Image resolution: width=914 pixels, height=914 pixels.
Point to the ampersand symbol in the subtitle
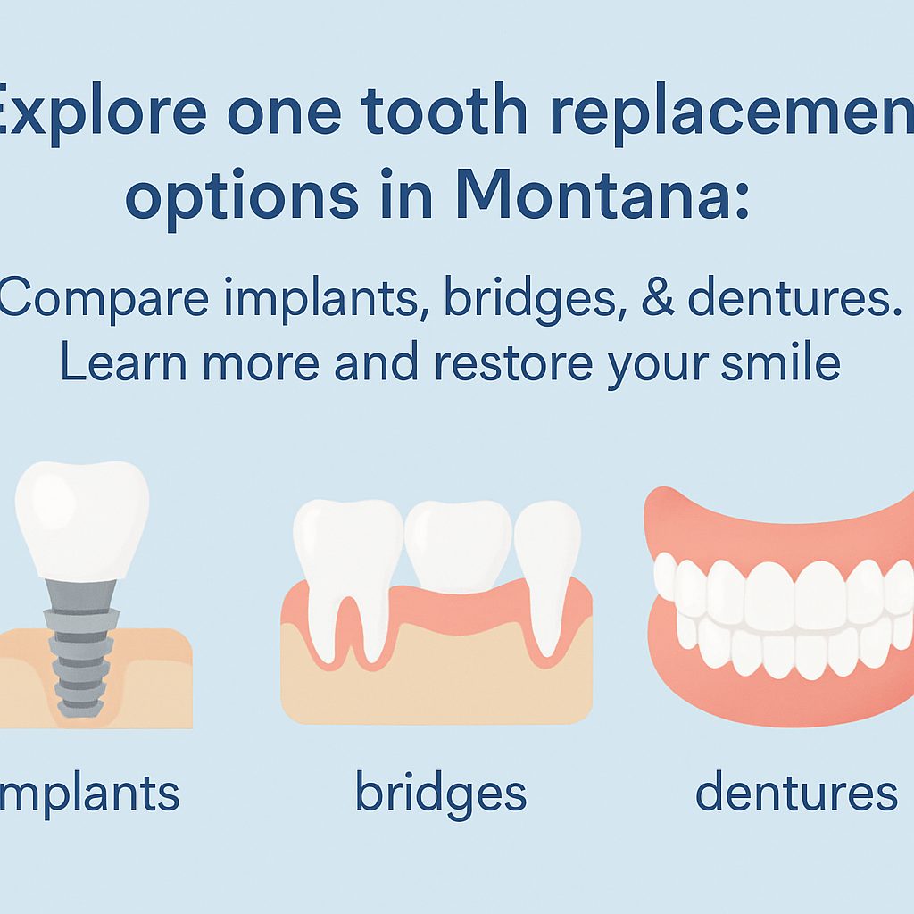click(657, 301)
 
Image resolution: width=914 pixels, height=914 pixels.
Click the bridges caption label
click(441, 791)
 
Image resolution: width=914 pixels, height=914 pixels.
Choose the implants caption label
click(89, 791)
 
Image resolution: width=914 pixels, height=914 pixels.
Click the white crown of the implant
click(82, 518)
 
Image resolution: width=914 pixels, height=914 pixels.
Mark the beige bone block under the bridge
click(437, 678)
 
